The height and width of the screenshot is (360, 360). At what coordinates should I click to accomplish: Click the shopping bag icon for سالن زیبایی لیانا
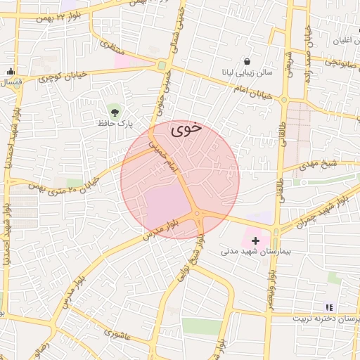click(x=247, y=61)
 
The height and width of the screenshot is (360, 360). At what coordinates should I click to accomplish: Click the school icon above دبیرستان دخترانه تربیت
click(x=328, y=307)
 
